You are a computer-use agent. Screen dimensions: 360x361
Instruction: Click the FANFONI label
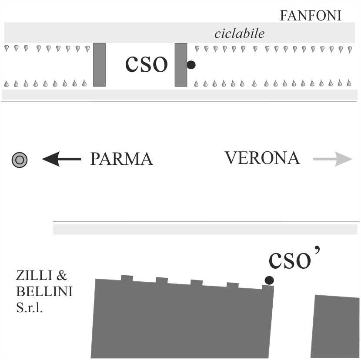[x=310, y=16]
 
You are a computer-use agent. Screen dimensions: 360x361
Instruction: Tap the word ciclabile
[x=239, y=34]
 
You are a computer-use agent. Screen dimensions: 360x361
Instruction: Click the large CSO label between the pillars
[x=147, y=65]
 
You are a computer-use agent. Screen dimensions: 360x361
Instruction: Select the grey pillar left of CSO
[x=99, y=65]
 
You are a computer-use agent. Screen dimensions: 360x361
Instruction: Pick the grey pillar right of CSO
[x=180, y=65]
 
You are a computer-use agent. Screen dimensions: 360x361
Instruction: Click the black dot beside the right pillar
[x=191, y=65]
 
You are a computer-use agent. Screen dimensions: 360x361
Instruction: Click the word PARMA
[x=121, y=159]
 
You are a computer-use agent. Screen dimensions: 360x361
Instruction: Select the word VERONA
[x=262, y=158]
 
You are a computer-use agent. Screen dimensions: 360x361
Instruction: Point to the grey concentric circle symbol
[x=20, y=160]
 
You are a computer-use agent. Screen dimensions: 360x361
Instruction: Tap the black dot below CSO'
[x=269, y=280]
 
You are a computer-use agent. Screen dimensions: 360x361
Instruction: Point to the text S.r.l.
[x=30, y=310]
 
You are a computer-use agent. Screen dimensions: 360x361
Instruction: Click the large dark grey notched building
[x=180, y=322]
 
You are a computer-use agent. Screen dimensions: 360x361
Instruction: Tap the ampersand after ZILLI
[x=62, y=276]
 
